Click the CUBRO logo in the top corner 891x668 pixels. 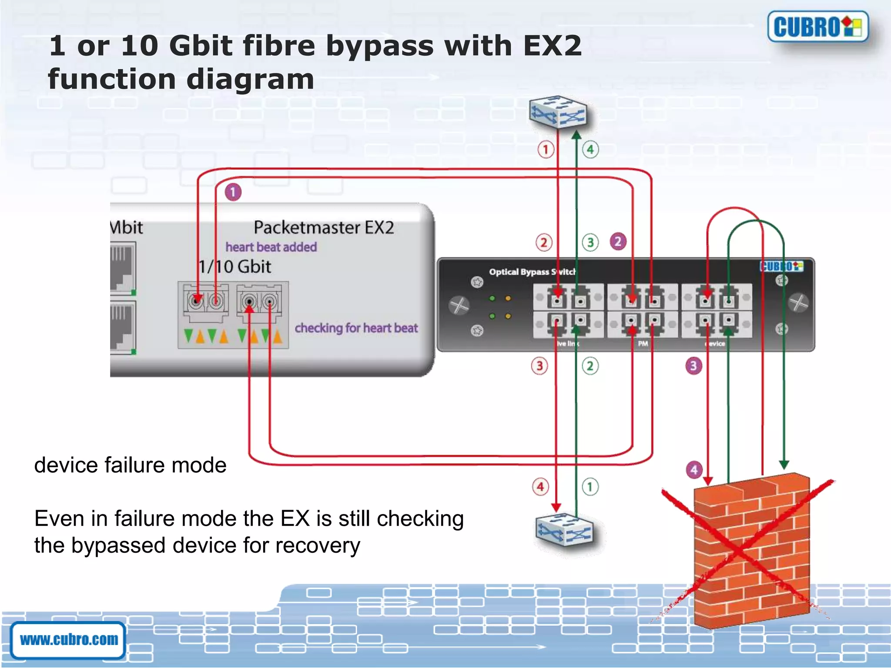click(x=817, y=27)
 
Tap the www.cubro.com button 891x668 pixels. click(x=68, y=639)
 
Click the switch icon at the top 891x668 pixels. click(x=558, y=112)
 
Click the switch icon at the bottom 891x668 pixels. click(x=563, y=531)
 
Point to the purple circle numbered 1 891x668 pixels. click(x=233, y=192)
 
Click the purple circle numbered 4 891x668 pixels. click(x=694, y=470)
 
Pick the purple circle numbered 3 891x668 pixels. click(x=693, y=366)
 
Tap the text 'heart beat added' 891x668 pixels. click(x=271, y=247)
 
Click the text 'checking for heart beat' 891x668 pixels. click(x=356, y=328)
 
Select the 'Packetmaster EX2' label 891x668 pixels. click(x=324, y=227)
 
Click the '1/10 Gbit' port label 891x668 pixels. click(x=235, y=267)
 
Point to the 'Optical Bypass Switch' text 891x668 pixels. click(x=532, y=272)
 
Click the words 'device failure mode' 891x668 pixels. click(x=130, y=465)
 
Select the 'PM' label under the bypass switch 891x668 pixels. click(x=643, y=344)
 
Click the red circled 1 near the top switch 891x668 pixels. click(x=546, y=150)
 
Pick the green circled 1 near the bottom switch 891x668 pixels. click(x=590, y=486)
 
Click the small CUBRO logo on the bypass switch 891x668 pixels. click(x=781, y=266)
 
